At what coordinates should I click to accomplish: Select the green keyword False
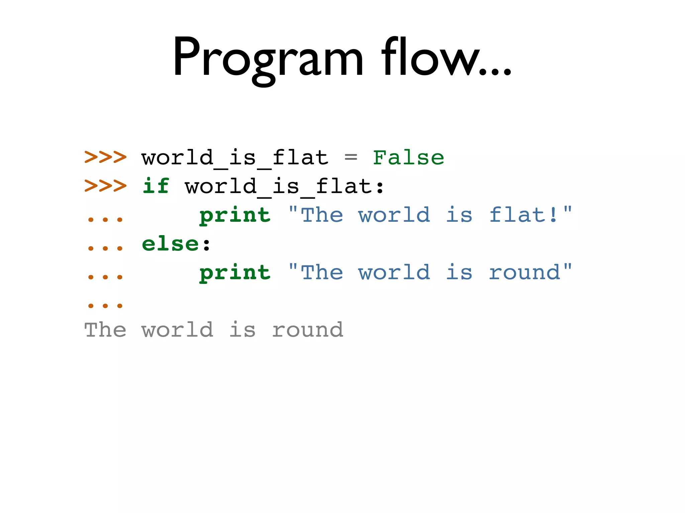pyautogui.click(x=408, y=158)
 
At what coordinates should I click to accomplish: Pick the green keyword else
pyautogui.click(x=170, y=244)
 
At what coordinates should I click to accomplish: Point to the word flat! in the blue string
pyautogui.click(x=523, y=214)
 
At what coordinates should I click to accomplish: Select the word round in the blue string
pyautogui.click(x=524, y=273)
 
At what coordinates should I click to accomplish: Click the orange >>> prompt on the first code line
pyautogui.click(x=105, y=157)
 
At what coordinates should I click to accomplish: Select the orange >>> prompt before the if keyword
pyautogui.click(x=105, y=186)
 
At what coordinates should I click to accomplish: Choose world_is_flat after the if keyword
pyautogui.click(x=278, y=186)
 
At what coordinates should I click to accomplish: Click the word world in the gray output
pyautogui.click(x=177, y=330)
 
